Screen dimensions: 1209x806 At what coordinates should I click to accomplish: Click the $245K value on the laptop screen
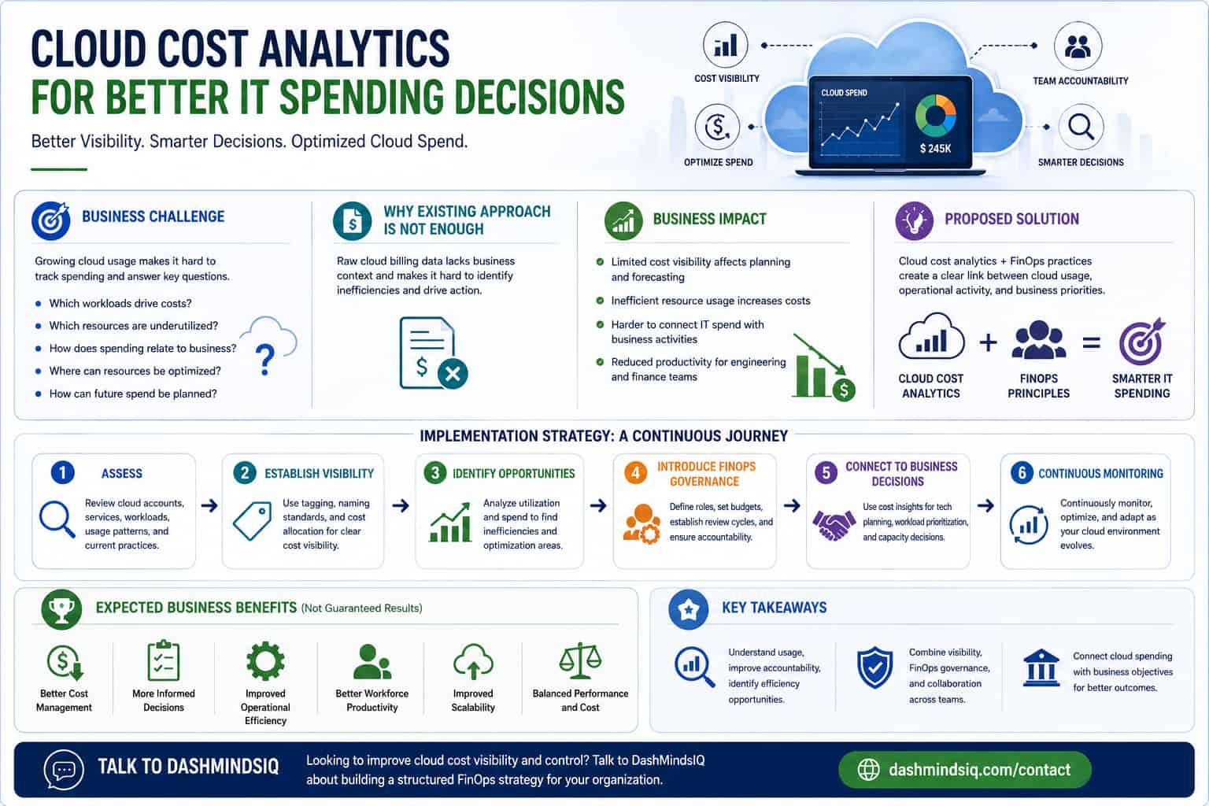935,149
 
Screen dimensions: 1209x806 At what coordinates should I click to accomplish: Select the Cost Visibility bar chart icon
726,45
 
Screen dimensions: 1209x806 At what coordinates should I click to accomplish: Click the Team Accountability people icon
1078,46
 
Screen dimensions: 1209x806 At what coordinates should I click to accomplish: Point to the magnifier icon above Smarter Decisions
1081,128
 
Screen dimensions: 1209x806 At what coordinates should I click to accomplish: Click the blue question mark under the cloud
265,360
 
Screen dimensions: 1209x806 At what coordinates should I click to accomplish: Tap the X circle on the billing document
453,374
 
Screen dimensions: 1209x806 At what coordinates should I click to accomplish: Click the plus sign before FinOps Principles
989,343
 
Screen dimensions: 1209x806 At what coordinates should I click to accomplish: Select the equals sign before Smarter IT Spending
1092,343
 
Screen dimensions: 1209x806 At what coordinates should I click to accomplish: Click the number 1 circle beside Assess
63,473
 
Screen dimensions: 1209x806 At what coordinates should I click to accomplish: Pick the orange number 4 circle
635,473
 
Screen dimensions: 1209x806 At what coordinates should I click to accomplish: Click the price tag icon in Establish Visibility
253,520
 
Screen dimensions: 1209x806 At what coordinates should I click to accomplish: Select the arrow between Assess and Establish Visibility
209,506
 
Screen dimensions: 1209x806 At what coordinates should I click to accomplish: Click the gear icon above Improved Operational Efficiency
265,661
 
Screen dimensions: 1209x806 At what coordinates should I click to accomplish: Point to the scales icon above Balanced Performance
580,660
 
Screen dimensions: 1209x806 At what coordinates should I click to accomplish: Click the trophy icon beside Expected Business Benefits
61,609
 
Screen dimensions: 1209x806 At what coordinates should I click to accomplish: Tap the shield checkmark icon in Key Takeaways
875,667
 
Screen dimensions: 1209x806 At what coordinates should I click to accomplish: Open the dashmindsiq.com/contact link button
964,770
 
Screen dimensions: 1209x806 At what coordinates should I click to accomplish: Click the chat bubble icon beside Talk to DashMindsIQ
64,770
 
